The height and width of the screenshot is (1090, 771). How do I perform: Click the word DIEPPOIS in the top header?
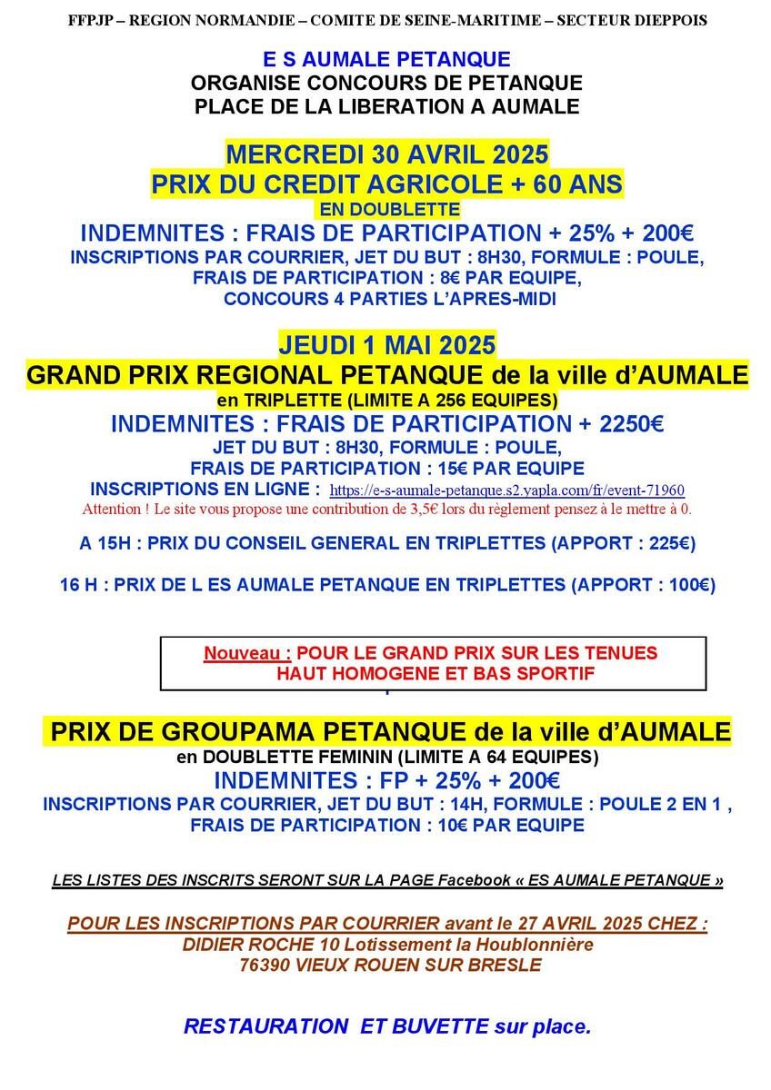[671, 20]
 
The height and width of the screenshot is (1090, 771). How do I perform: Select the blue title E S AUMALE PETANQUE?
[386, 60]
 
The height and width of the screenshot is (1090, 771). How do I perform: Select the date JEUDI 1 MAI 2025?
[386, 345]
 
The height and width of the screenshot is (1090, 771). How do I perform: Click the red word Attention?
[114, 509]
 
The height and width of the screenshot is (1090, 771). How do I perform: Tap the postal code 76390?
[265, 965]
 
